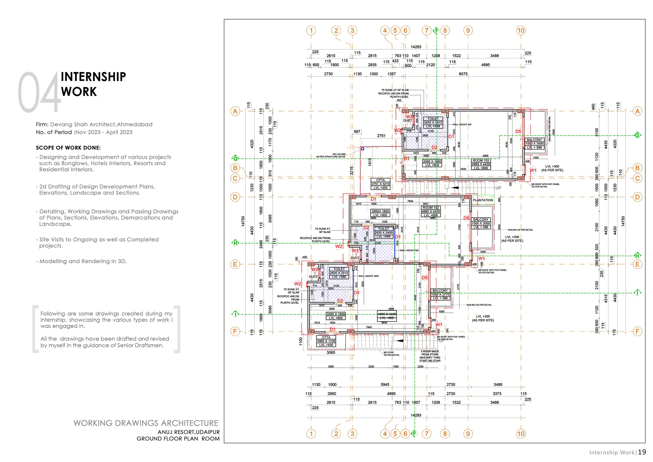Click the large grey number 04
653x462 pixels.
(39, 92)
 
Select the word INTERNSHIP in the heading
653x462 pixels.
(93, 77)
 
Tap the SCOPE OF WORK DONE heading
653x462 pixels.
(68, 148)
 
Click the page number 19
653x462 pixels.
(642, 452)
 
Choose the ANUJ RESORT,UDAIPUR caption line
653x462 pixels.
(188, 432)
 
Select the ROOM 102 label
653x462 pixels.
(431, 208)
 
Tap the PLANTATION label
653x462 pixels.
(483, 200)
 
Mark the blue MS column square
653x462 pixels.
(362, 149)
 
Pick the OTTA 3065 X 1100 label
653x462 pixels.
(326, 341)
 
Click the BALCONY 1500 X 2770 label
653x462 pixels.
(440, 294)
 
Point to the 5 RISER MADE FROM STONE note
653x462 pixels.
(430, 356)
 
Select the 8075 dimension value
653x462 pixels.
(463, 74)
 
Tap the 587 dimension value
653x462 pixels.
(357, 132)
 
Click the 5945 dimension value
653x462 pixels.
(385, 385)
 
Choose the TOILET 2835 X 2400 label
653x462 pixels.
(383, 233)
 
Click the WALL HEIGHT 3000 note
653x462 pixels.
(368, 276)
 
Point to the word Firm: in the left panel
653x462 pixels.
(42, 124)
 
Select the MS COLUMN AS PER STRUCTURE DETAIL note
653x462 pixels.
(331, 155)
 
